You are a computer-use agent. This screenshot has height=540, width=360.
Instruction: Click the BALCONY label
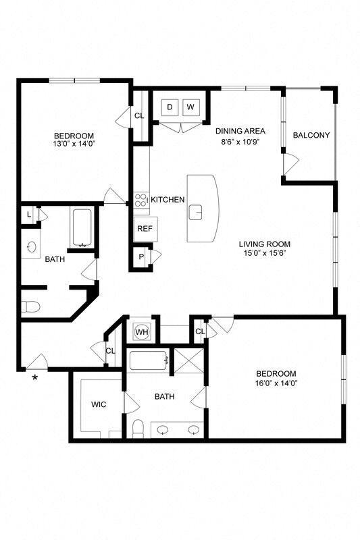click(311, 135)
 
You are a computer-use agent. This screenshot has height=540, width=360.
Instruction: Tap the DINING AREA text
click(240, 131)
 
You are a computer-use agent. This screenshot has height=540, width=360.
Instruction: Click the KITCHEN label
click(168, 200)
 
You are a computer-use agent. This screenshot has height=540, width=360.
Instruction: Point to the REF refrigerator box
click(144, 229)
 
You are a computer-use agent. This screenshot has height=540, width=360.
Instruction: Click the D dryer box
click(170, 107)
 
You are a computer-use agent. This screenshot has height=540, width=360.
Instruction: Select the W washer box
click(190, 107)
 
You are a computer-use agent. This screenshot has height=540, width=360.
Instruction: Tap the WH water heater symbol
click(142, 332)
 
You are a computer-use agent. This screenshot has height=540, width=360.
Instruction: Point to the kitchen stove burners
click(141, 200)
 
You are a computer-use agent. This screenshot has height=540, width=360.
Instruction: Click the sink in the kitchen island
click(197, 212)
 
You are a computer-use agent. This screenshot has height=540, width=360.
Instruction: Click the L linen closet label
click(28, 215)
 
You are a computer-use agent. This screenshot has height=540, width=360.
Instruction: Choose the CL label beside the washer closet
click(139, 115)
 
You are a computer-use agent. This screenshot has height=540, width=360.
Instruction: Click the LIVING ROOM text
click(264, 244)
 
